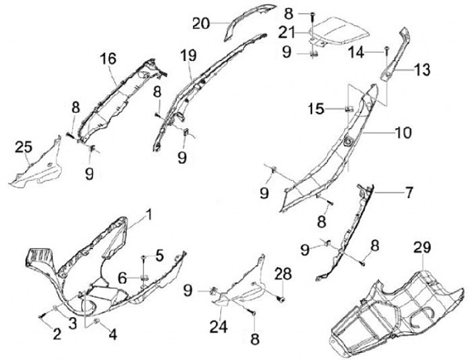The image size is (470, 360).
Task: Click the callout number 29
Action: (422, 249)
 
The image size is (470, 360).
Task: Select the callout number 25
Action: (23, 149)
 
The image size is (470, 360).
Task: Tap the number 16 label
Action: (108, 59)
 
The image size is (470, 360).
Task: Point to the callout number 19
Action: (189, 57)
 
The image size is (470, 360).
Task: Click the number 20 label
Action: (201, 24)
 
